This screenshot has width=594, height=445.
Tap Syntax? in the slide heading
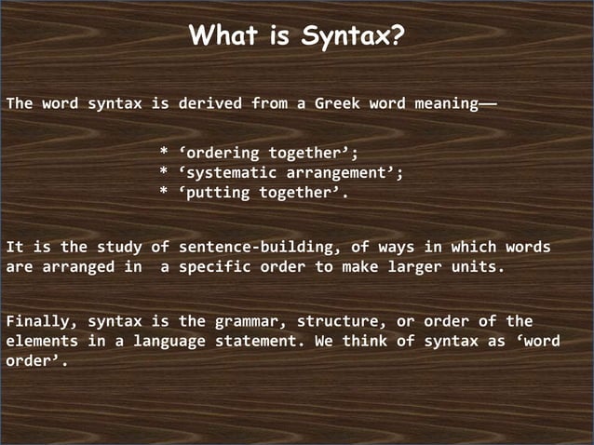[x=353, y=37]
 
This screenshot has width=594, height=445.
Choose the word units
[x=478, y=267]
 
